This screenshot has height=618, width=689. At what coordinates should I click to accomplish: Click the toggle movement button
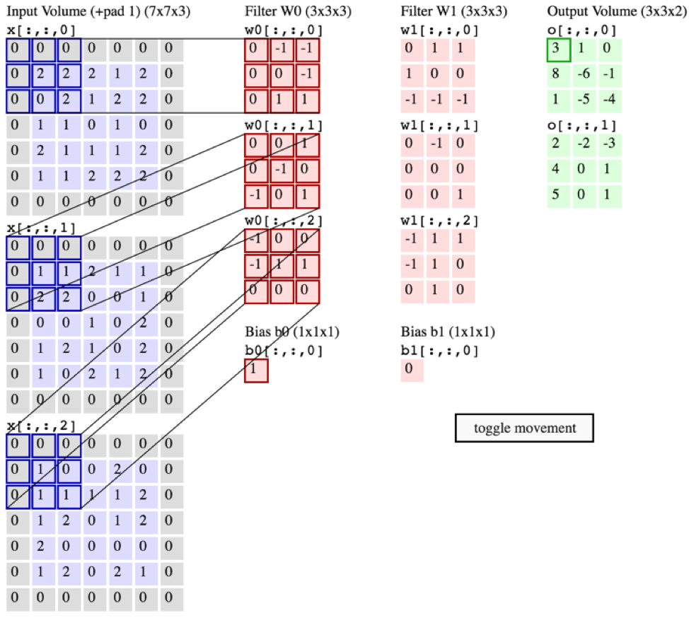[524, 428]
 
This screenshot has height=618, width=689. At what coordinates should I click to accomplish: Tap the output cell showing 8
[558, 76]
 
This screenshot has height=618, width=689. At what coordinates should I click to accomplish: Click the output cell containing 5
[558, 194]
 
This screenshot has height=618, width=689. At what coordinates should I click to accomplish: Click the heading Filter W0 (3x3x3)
[298, 12]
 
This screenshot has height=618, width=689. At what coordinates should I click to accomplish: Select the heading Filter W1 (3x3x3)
[453, 12]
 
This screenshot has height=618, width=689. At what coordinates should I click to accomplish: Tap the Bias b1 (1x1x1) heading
[448, 332]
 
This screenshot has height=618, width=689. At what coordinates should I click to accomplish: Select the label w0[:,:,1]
[284, 125]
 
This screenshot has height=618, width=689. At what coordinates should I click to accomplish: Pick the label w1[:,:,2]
[439, 221]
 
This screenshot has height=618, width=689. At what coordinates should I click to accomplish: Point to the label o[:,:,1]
[581, 127]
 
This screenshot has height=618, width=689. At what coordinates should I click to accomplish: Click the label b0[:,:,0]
[284, 350]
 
